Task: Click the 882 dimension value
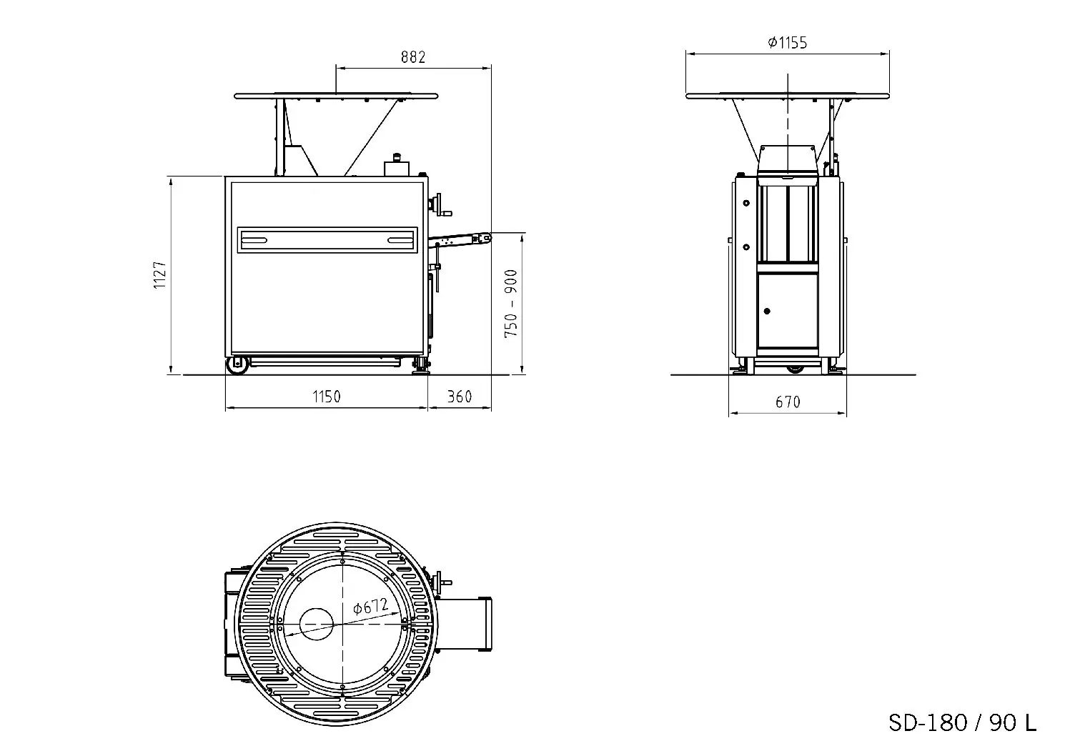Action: tap(413, 57)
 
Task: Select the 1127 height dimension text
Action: tap(159, 275)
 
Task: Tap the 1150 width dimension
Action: tap(327, 397)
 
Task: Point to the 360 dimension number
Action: tap(460, 397)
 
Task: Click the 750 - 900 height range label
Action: tap(510, 304)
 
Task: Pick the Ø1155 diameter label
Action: tap(787, 43)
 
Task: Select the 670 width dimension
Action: tap(788, 402)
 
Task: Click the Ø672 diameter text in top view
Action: tap(371, 607)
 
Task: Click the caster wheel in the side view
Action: tap(237, 365)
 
